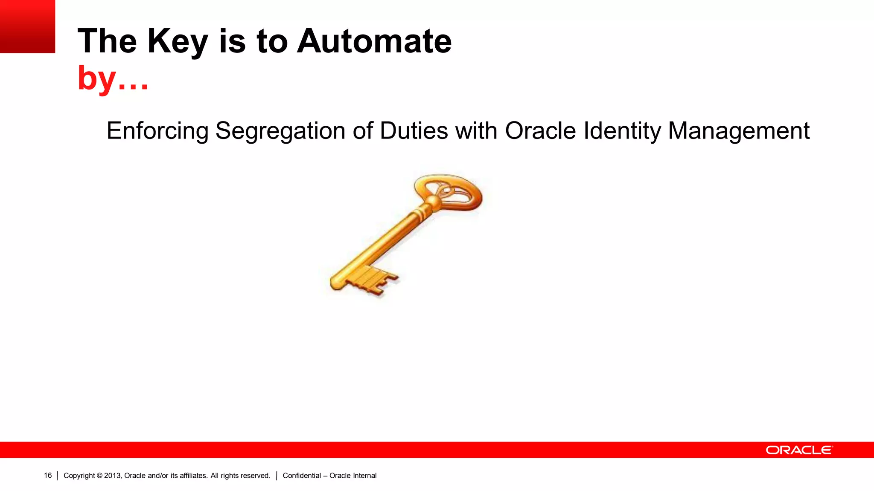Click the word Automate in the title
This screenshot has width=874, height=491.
coord(374,41)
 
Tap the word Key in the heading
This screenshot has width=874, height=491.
coord(178,41)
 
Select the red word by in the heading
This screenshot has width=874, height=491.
coord(97,78)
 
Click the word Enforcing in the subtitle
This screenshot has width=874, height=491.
coord(157,130)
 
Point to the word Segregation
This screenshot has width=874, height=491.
coord(280,130)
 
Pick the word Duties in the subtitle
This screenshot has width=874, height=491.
coord(414,130)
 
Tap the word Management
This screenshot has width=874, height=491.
coord(738,130)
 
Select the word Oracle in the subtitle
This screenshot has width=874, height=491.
coord(540,130)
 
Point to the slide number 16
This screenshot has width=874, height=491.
coord(48,475)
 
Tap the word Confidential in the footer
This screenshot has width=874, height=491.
coord(302,476)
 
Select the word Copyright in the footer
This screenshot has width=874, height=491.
coord(79,476)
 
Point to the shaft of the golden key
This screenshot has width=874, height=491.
coord(384,243)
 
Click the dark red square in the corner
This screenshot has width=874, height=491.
coord(27,26)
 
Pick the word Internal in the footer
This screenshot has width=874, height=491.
coord(365,476)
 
